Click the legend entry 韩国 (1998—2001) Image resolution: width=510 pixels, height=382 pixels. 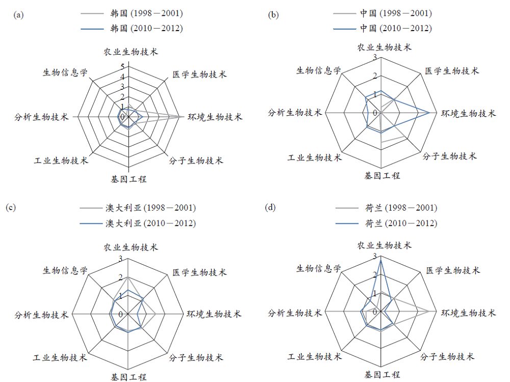click(132, 13)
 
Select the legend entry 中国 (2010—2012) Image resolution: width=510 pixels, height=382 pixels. click(382, 29)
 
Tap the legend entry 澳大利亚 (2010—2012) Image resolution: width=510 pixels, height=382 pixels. click(138, 223)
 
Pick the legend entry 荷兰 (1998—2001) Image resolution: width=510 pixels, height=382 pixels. click(387, 208)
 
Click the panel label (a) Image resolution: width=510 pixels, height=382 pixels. click(18, 15)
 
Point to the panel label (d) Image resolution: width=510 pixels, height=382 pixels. click(270, 207)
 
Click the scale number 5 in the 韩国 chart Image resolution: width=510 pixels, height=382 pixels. click(122, 67)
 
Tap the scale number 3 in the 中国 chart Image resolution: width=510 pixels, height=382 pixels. click(375, 57)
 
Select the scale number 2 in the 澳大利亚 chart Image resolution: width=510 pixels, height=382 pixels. click(121, 277)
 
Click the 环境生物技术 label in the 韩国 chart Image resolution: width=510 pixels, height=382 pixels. click(215, 117)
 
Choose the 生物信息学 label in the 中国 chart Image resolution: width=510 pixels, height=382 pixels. click(319, 70)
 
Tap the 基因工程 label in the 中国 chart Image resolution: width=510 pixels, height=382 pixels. click(382, 176)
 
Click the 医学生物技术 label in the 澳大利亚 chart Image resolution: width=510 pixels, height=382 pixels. click(199, 272)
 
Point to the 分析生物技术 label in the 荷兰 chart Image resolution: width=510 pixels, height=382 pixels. click(295, 313)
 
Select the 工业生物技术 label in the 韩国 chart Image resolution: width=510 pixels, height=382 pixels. click(61, 161)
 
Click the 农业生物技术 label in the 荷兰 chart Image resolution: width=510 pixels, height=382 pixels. click(385, 245)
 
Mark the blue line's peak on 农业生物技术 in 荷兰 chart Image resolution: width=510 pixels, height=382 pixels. click(380, 260)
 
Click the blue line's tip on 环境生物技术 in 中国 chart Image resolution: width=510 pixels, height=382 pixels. click(429, 113)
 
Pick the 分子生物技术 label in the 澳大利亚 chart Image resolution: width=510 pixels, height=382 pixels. click(196, 358)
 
